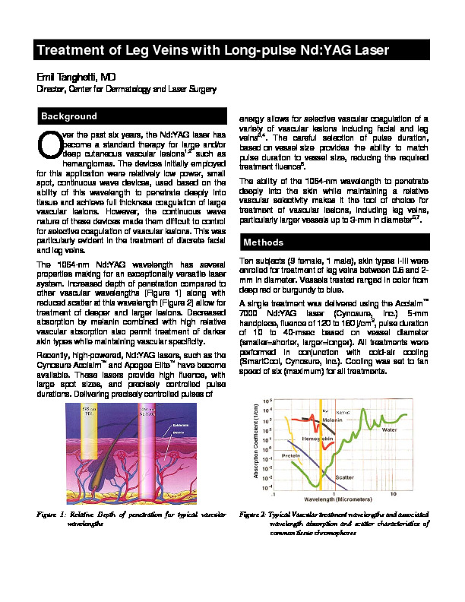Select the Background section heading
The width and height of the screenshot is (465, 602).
click(69, 116)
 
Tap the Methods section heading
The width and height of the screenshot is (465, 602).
click(264, 242)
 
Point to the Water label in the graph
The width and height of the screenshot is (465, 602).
click(388, 429)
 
